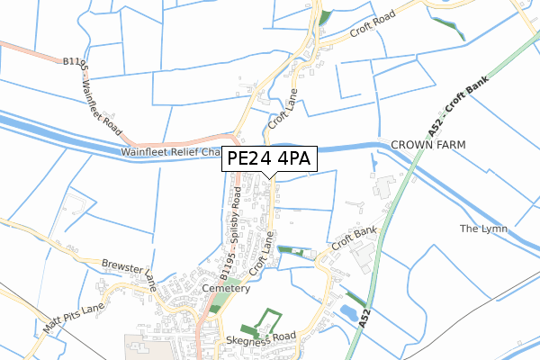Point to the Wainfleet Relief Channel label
(171, 153)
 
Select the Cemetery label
(225, 289)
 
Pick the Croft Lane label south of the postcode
(262, 255)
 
